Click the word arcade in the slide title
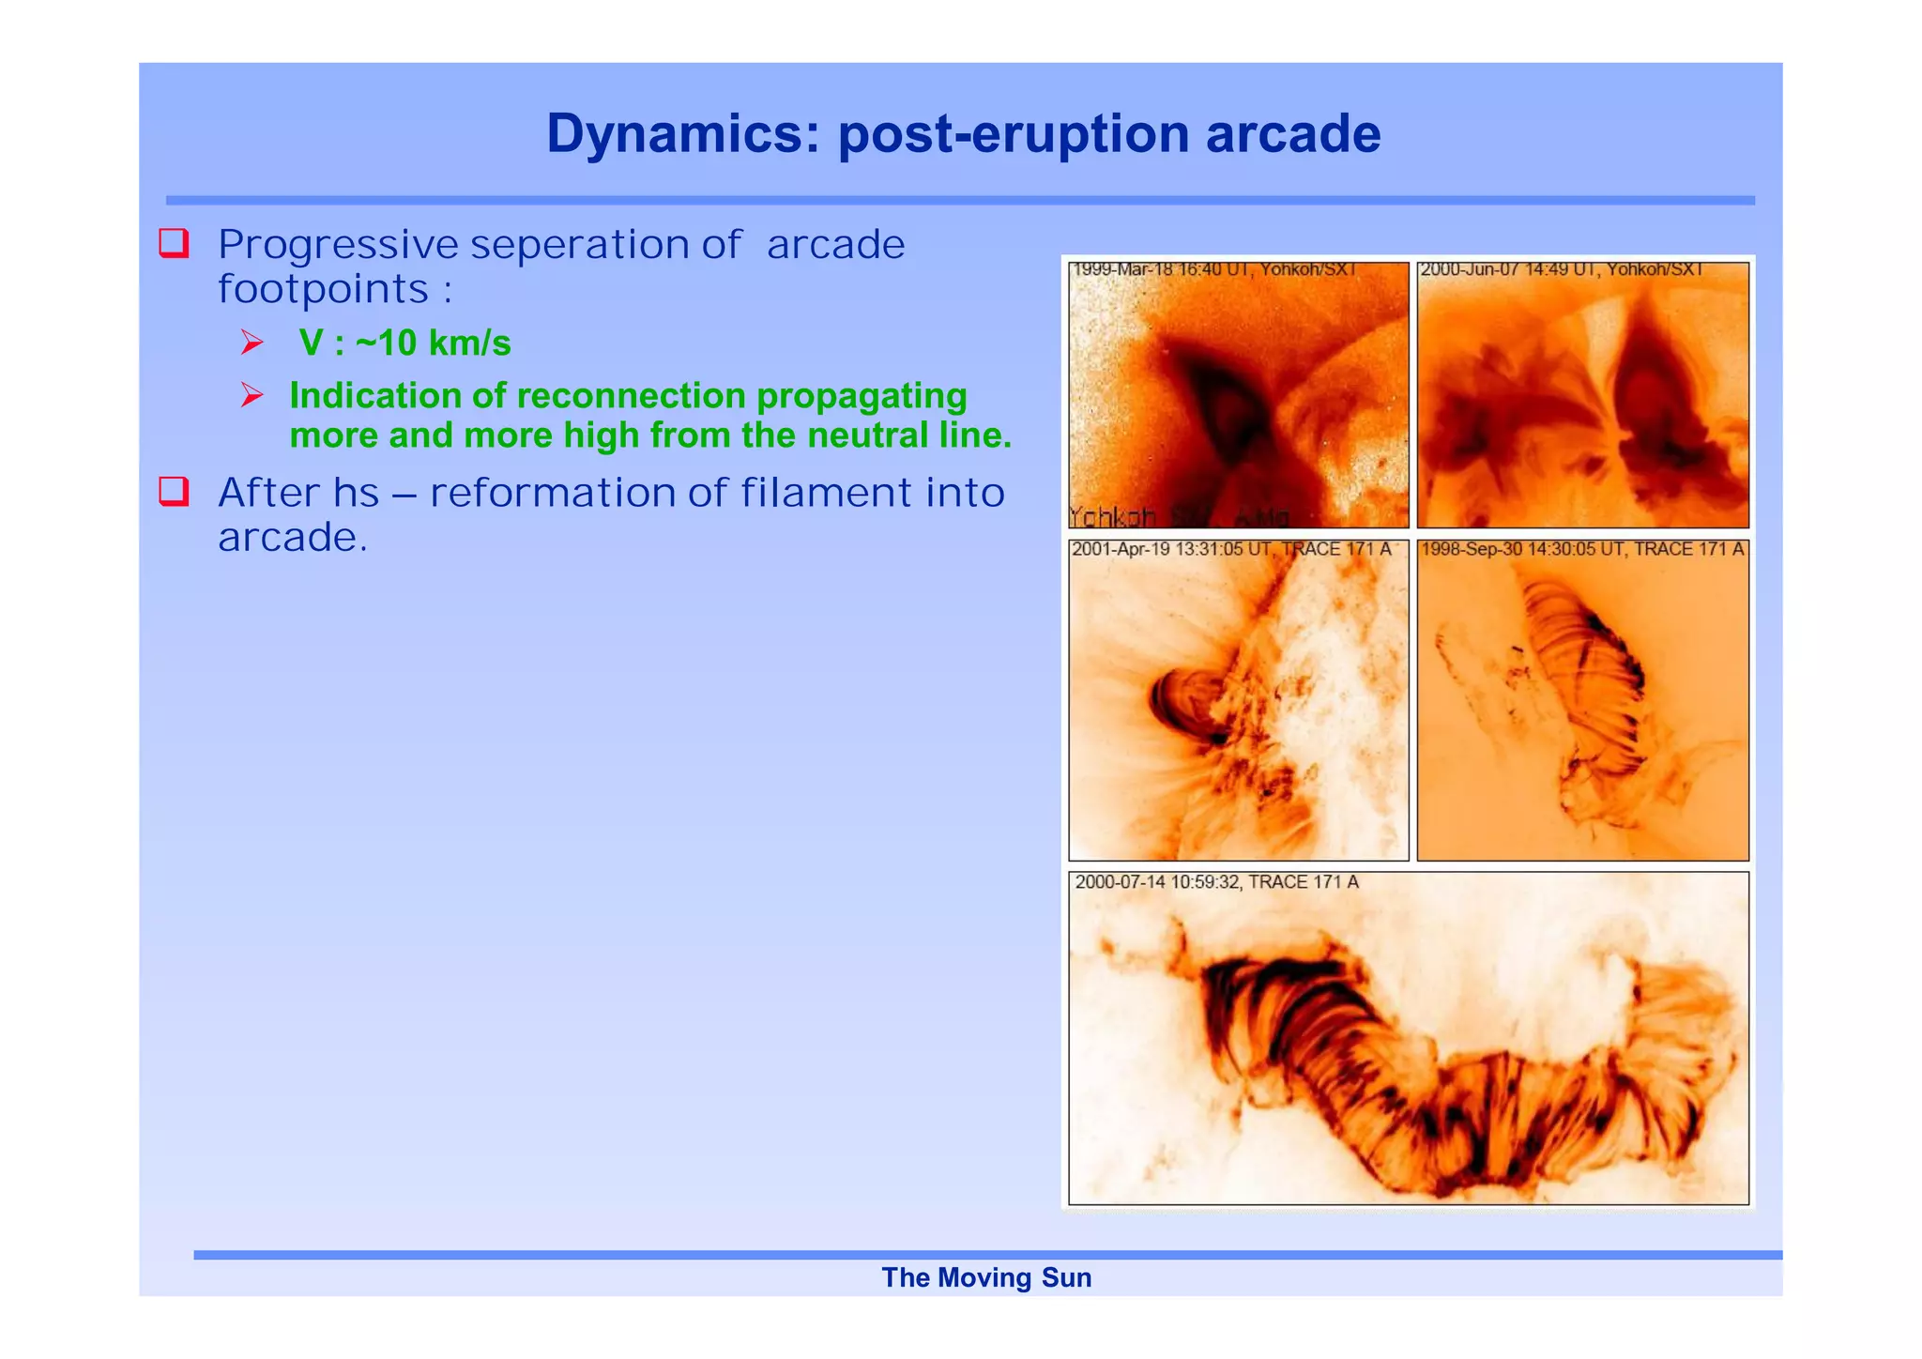coord(1292,133)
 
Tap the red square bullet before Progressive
coord(174,243)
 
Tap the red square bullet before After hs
coord(174,491)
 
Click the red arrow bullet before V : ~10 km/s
coord(252,343)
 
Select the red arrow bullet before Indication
coord(252,395)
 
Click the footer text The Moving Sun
coord(985,1277)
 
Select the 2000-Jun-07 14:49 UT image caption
coord(1561,270)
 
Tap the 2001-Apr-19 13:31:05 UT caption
coord(1230,549)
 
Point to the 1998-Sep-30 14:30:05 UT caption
coord(1581,549)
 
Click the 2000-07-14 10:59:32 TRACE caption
coord(1216,882)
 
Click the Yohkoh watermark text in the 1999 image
coord(1112,517)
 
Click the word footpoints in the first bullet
coord(323,289)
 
